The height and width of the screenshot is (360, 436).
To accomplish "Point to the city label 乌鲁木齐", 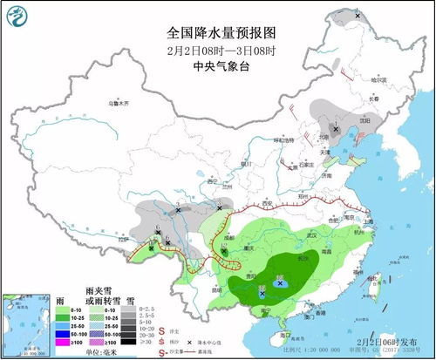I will click(119, 103).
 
